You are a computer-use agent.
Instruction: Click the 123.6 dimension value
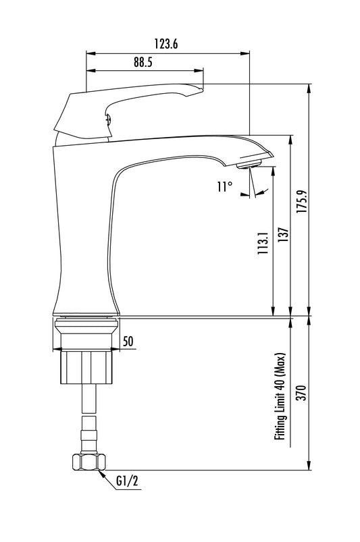(x=166, y=44)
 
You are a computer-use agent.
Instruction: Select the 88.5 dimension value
(x=143, y=62)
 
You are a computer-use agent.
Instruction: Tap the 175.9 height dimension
(x=301, y=201)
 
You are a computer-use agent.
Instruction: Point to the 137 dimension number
(x=283, y=234)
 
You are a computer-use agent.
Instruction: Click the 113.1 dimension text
(x=263, y=244)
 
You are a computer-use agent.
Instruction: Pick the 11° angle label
(x=224, y=187)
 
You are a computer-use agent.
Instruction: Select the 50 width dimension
(x=128, y=342)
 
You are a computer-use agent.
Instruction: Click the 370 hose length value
(x=302, y=393)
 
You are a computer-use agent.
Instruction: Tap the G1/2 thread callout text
(x=127, y=481)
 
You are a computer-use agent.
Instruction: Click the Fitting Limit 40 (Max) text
(x=280, y=396)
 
